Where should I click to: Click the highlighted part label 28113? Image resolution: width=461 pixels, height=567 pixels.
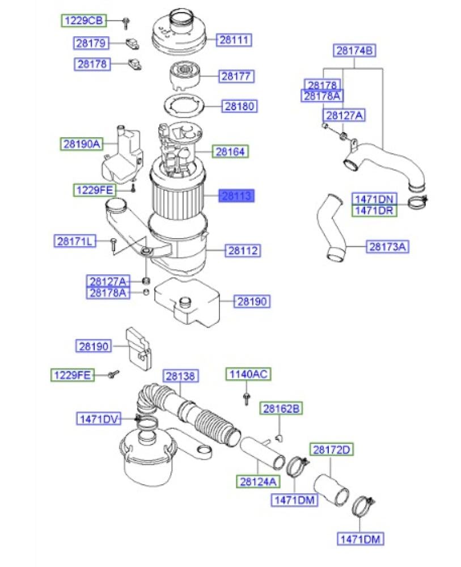(237, 196)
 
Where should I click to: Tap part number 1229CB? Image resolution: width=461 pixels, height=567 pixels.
(83, 21)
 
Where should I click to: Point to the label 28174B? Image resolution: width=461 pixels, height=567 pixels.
(355, 50)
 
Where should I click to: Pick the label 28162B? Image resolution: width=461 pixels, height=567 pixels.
(281, 408)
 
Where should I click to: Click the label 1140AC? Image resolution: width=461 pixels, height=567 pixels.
(248, 374)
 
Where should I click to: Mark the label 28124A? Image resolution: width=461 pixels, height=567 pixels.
(258, 481)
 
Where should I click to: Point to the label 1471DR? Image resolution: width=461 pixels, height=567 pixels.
(375, 210)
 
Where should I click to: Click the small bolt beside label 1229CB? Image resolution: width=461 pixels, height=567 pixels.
(126, 23)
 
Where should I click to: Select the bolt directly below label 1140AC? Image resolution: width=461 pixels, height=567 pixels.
(248, 397)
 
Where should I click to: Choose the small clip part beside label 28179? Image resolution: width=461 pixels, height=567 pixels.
(133, 43)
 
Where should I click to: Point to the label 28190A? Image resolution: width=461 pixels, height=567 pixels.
(81, 145)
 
